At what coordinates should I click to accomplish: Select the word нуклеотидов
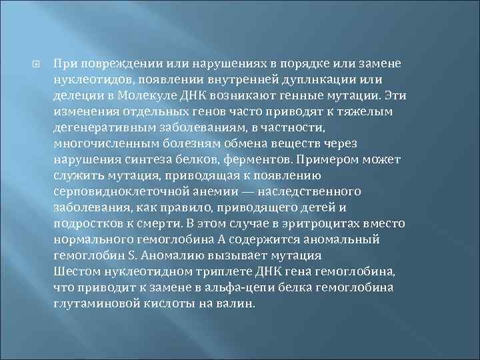(x=87, y=80)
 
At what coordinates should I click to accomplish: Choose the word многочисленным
(x=98, y=144)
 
